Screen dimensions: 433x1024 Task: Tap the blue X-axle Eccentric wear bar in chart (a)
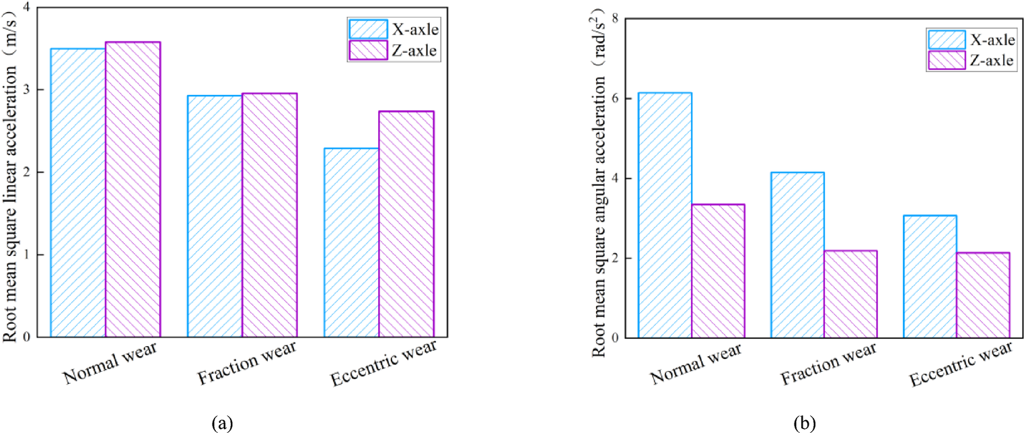[x=351, y=242]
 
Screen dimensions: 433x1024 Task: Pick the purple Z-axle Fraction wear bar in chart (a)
[x=269, y=215]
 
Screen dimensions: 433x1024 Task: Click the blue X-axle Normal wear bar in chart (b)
[x=665, y=215]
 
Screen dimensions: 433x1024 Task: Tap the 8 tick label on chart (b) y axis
[x=614, y=18]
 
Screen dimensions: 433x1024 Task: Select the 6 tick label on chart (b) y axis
[x=614, y=98]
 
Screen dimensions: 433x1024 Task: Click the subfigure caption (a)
[x=223, y=424]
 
